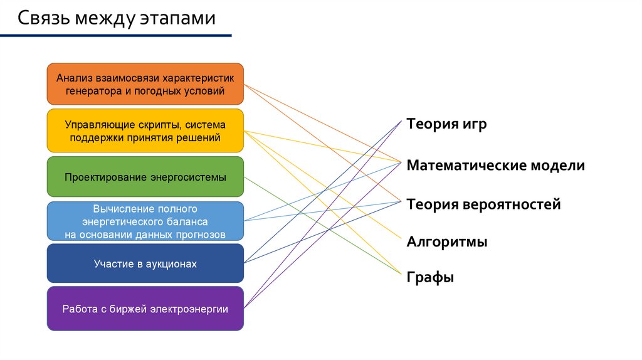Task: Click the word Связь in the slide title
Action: [42, 18]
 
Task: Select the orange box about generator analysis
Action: [145, 84]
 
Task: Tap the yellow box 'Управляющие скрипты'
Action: [145, 131]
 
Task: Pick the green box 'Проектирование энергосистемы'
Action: [145, 177]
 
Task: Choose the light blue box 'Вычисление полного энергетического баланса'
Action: [145, 221]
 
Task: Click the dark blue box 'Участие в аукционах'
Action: [145, 263]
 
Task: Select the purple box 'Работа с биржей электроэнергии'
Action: [145, 309]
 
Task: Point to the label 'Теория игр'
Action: [446, 124]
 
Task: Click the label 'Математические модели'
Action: [495, 166]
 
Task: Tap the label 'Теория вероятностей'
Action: [483, 204]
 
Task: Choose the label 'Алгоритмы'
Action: [446, 242]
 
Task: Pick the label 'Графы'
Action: [430, 277]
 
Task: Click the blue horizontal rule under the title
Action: [115, 36]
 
